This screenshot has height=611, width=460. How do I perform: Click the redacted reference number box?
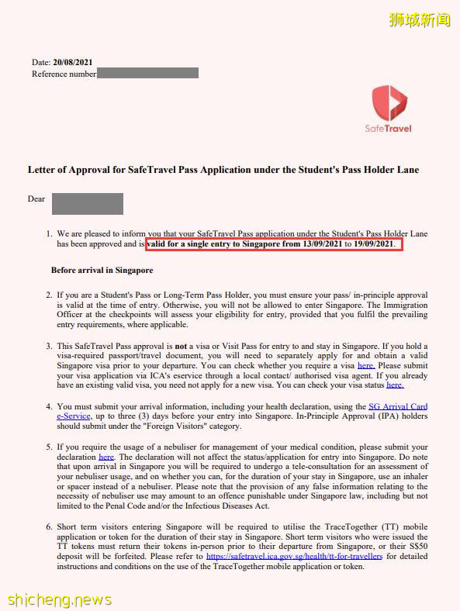coord(147,74)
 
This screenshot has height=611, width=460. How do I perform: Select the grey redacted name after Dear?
coord(88,204)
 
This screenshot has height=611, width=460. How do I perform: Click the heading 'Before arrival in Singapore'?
coord(102,271)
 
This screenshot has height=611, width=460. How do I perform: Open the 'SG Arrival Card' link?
coord(398,406)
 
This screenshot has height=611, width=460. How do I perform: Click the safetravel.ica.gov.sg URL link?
coord(295,556)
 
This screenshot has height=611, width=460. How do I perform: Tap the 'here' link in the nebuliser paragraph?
coord(106,457)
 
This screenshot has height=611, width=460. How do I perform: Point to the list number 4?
coord(49,406)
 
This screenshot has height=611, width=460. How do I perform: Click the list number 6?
coord(49,526)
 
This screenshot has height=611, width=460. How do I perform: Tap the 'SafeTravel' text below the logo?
coord(388,129)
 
